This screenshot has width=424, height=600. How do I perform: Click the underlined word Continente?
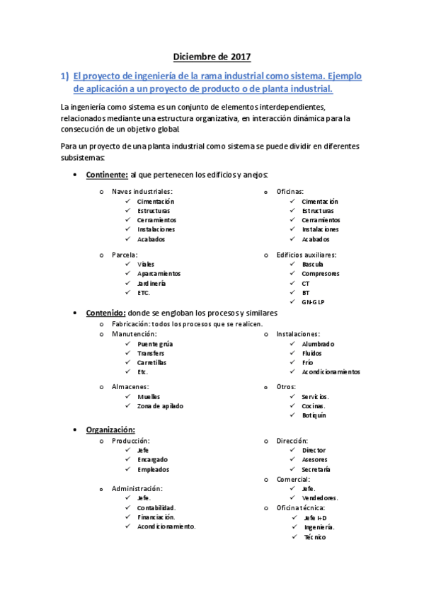pyautogui.click(x=106, y=175)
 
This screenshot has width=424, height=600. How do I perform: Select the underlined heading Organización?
pyautogui.click(x=110, y=429)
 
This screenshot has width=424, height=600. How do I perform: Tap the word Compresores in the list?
pyautogui.click(x=320, y=273)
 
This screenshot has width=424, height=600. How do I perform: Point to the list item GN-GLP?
pyautogui.click(x=314, y=301)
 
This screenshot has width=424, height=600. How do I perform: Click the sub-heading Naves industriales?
pyautogui.click(x=142, y=192)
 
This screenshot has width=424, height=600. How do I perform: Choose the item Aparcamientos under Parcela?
pyautogui.click(x=159, y=273)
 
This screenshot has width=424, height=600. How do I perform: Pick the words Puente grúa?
pyautogui.click(x=155, y=344)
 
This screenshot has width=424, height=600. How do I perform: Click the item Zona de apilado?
pyautogui.click(x=160, y=406)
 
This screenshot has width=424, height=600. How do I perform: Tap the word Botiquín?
pyautogui.click(x=314, y=415)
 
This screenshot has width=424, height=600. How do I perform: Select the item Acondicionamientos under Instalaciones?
pyautogui.click(x=331, y=371)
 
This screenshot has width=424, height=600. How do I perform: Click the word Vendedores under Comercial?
pyautogui.click(x=319, y=497)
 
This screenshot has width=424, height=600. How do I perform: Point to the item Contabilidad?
pyautogui.click(x=156, y=507)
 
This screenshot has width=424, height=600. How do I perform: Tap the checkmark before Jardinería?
pyautogui.click(x=127, y=283)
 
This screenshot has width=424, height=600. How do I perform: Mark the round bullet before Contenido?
pyautogui.click(x=75, y=313)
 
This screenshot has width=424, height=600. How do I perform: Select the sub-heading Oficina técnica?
pyautogui.click(x=301, y=507)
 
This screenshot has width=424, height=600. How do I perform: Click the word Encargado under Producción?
pyautogui.click(x=152, y=460)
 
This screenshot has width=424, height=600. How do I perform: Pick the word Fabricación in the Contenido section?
pyautogui.click(x=130, y=324)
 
